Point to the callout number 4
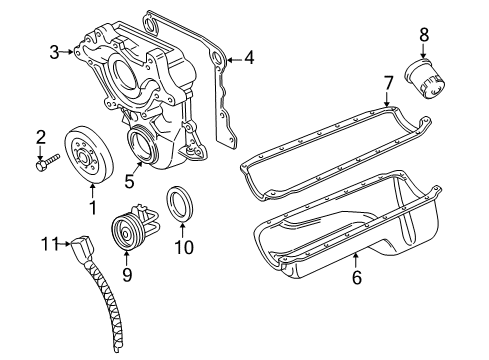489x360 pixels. pos(248,58)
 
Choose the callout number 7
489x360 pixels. pos(388,82)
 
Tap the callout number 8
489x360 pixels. pos(423,35)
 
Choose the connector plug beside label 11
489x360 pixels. pos(85,242)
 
